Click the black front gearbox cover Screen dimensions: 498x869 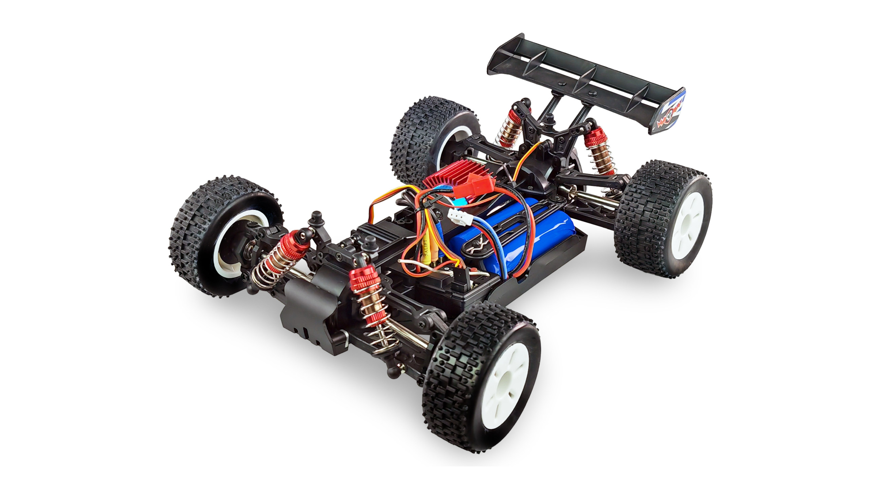pyautogui.click(x=308, y=308)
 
